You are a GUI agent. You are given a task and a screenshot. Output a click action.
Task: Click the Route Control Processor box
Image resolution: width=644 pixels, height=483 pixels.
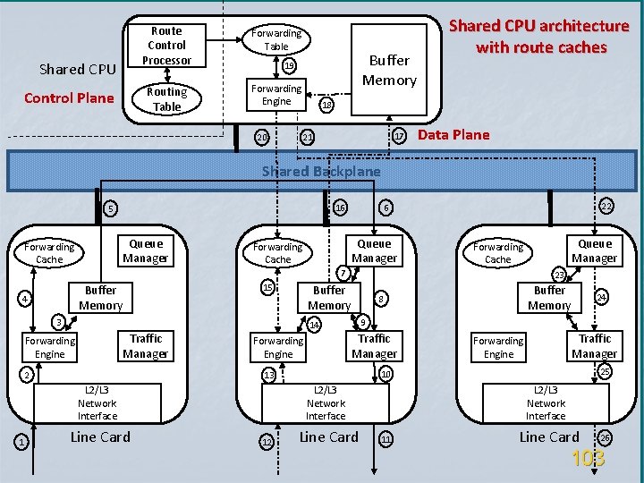[166, 46]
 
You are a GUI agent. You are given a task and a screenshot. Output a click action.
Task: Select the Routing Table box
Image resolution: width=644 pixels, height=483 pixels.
[166, 98]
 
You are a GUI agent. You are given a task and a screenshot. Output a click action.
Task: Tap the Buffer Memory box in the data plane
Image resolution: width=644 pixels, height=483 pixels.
[389, 71]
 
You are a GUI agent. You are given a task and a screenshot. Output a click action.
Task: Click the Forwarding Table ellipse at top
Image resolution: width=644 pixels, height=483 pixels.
[276, 39]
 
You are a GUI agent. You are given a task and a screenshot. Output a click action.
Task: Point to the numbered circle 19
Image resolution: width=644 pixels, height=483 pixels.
[288, 66]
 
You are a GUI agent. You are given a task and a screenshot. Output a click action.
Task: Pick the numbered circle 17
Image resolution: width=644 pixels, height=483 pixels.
[399, 137]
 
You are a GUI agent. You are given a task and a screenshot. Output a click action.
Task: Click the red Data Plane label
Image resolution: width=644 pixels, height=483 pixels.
[453, 135]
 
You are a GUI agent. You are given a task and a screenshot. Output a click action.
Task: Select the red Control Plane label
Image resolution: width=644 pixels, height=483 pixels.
[69, 98]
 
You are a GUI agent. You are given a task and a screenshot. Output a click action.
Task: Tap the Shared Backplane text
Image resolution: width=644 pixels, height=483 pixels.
[321, 171]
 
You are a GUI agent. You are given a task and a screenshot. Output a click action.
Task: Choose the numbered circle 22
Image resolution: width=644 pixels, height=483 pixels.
[606, 207]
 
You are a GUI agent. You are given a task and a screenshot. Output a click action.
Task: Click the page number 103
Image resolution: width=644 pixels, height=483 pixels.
[588, 459]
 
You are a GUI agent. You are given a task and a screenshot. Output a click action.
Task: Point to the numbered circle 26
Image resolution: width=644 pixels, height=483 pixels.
[606, 437]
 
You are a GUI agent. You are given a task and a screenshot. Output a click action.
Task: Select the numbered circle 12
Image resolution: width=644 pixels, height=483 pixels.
[266, 440]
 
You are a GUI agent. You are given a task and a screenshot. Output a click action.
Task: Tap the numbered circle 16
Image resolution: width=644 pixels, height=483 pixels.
[339, 208]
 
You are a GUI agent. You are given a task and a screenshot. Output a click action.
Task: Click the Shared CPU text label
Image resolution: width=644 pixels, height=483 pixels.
[77, 69]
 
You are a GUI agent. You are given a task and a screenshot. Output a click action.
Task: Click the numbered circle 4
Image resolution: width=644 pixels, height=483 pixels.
[26, 298]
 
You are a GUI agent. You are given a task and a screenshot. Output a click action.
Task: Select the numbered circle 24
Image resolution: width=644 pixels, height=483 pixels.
[602, 296]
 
